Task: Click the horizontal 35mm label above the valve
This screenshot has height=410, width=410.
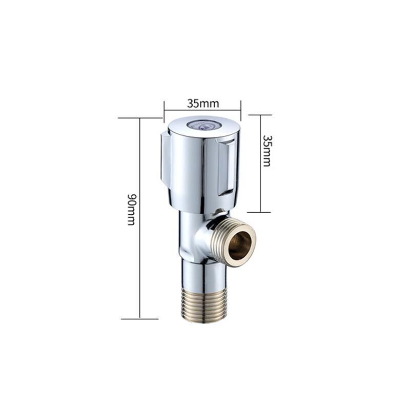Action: tap(203, 103)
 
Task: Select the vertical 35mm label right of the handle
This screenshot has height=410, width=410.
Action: tap(266, 151)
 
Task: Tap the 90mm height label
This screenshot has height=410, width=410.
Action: tap(131, 209)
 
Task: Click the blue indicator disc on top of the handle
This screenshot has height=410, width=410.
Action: tap(203, 125)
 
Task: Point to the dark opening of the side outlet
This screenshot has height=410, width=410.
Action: tap(240, 241)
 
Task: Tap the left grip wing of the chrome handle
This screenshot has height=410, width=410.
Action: tap(166, 159)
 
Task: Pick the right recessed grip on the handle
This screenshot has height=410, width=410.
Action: tap(227, 167)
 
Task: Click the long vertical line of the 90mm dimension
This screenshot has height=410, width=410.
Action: tap(139, 256)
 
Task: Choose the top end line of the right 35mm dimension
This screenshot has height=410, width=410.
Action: tap(260, 115)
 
